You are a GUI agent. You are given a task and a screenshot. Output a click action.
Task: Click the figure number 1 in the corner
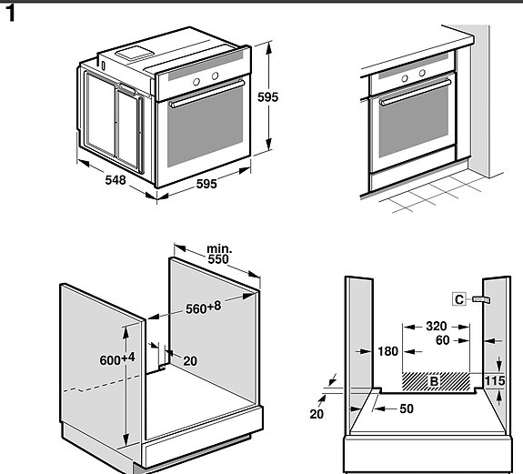[11, 15]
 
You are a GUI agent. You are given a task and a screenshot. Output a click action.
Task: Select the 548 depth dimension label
[116, 180]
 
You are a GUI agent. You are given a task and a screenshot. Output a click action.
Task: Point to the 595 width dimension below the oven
[206, 184]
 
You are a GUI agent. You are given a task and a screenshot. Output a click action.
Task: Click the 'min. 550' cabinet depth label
[219, 254]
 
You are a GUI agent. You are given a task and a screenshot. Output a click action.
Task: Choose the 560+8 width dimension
[204, 308]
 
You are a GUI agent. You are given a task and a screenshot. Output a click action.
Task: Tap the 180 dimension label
[387, 351]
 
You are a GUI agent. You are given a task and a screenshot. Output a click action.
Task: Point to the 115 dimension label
[494, 380]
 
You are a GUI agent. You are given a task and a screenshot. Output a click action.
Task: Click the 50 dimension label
[405, 409]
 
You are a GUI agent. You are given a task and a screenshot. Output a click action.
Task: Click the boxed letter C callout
[459, 298]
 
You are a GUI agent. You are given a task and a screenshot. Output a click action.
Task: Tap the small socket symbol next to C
[481, 298]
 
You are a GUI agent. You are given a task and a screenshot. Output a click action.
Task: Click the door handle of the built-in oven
[415, 91]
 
